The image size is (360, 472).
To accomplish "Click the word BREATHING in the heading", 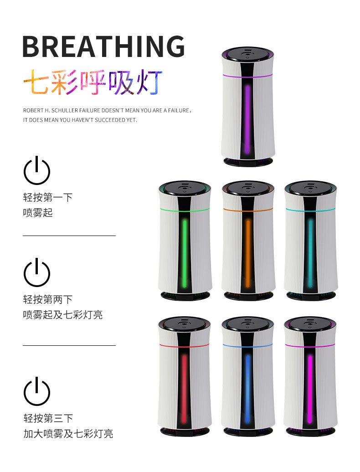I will point(103,46).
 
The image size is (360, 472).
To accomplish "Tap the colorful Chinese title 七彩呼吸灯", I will point(93,82).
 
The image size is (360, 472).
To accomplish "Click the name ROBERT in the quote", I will point(32,111).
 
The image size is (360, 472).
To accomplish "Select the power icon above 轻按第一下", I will point(36,170).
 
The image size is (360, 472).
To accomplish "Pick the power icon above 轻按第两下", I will point(36,272).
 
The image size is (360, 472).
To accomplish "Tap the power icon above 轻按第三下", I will point(36,391).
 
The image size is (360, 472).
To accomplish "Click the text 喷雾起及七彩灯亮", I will point(63,315).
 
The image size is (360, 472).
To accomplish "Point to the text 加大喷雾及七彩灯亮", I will point(68,433).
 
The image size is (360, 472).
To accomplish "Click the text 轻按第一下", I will point(48,197).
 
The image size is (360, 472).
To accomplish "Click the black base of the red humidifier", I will point(185,431).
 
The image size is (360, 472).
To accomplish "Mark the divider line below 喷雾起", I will point(69,236).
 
